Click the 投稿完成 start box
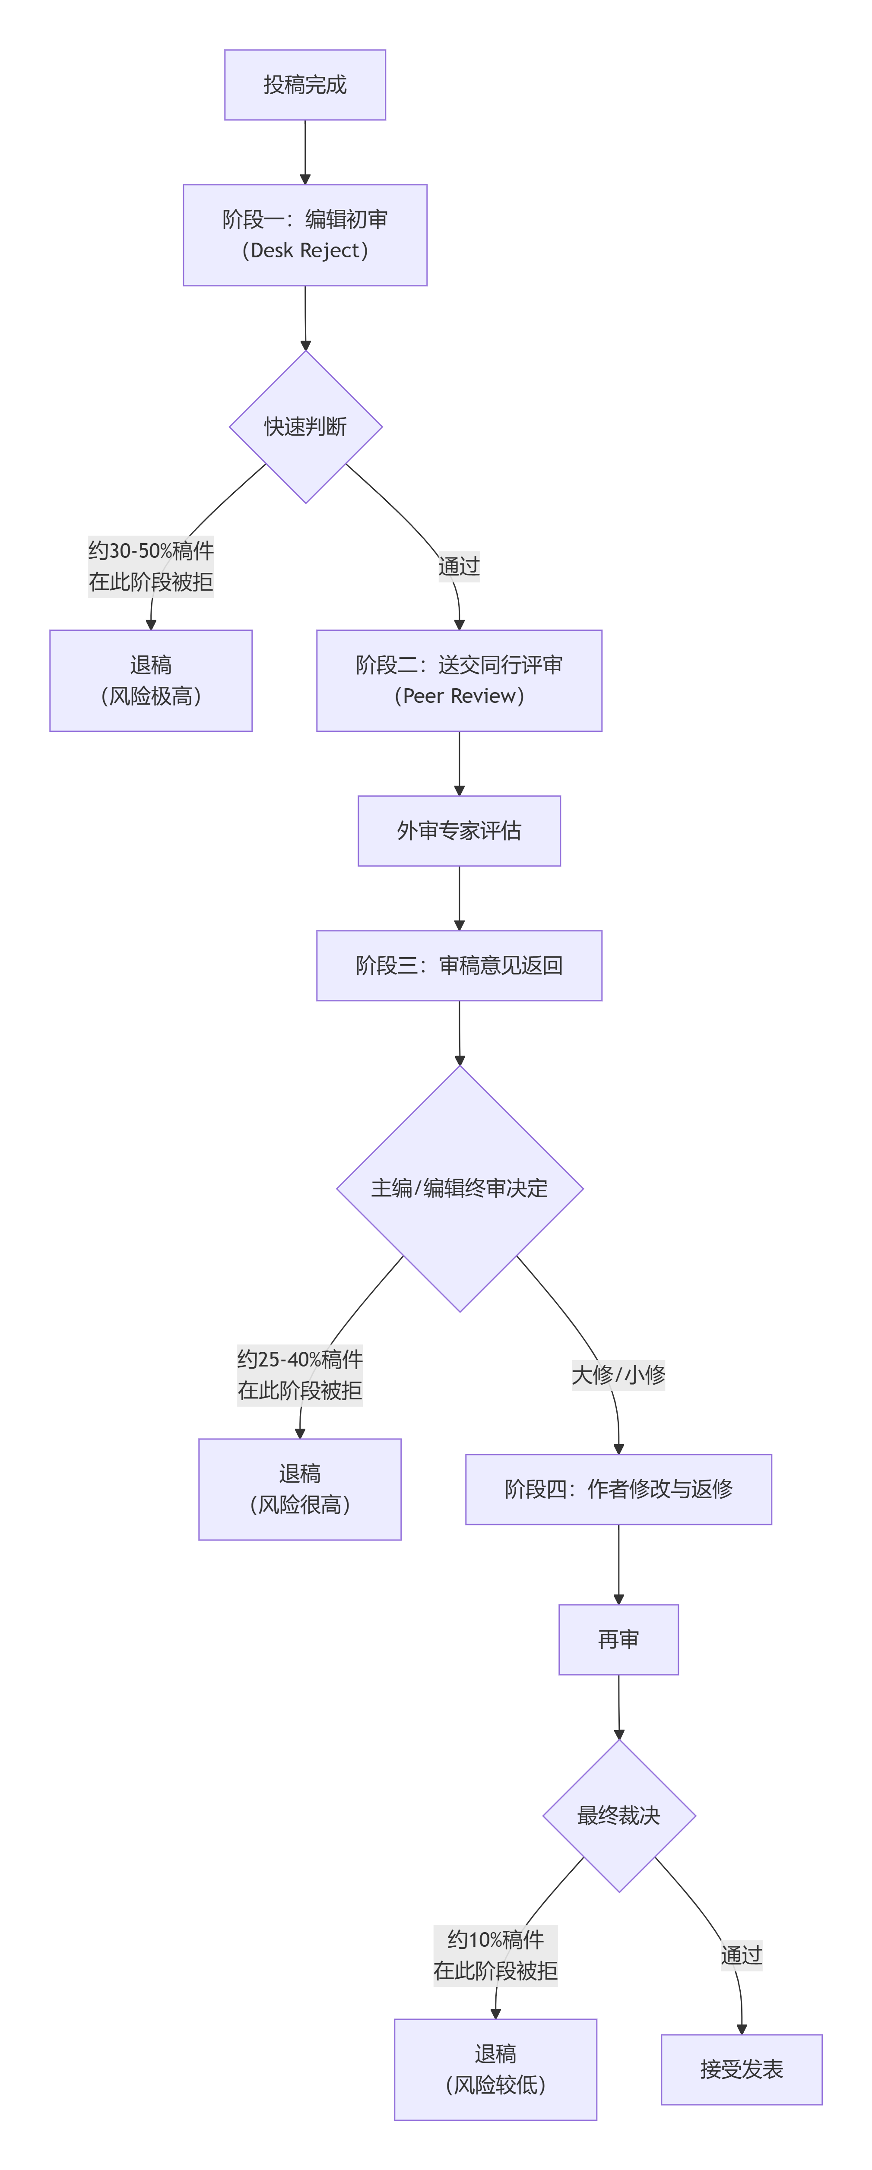305,85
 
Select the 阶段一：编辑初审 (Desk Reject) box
305,235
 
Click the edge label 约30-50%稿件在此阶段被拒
151,566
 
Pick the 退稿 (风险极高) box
151,680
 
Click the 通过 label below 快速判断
459,566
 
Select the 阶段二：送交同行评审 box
459,680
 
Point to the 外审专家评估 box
459,831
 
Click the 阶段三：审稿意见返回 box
459,965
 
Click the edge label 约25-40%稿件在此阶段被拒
300,1375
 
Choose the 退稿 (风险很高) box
300,1490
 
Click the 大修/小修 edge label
618,1375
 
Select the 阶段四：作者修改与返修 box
618,1490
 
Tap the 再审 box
618,1639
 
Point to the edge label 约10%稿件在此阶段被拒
495,1955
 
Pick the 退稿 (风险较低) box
495,2070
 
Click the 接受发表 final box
742,2070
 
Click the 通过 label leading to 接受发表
742,1955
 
